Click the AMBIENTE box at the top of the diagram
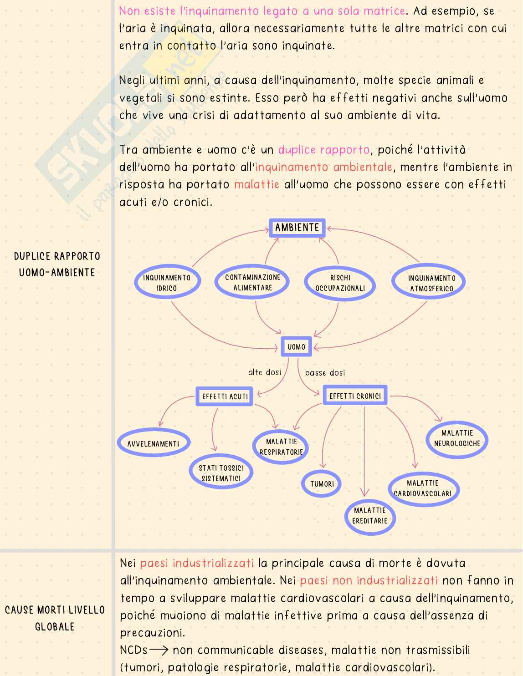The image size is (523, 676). click(297, 228)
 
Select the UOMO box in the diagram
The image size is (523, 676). click(296, 347)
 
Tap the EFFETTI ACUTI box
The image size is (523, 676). click(225, 396)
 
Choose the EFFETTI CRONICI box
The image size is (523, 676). click(355, 396)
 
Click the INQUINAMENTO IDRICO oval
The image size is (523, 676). click(167, 283)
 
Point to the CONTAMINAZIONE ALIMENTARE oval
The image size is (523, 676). click(252, 282)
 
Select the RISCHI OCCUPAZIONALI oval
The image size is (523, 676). click(340, 283)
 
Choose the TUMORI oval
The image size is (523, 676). click(323, 484)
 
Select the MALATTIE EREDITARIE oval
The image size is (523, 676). click(369, 516)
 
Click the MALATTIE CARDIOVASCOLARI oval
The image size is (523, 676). click(423, 488)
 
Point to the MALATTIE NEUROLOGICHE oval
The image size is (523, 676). click(457, 438)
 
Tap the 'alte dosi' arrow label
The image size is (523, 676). click(264, 373)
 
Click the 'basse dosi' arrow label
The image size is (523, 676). click(325, 373)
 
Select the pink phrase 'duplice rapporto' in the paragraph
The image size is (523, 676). click(324, 150)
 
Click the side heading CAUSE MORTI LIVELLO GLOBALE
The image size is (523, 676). click(55, 618)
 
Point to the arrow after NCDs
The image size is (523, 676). click(159, 650)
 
